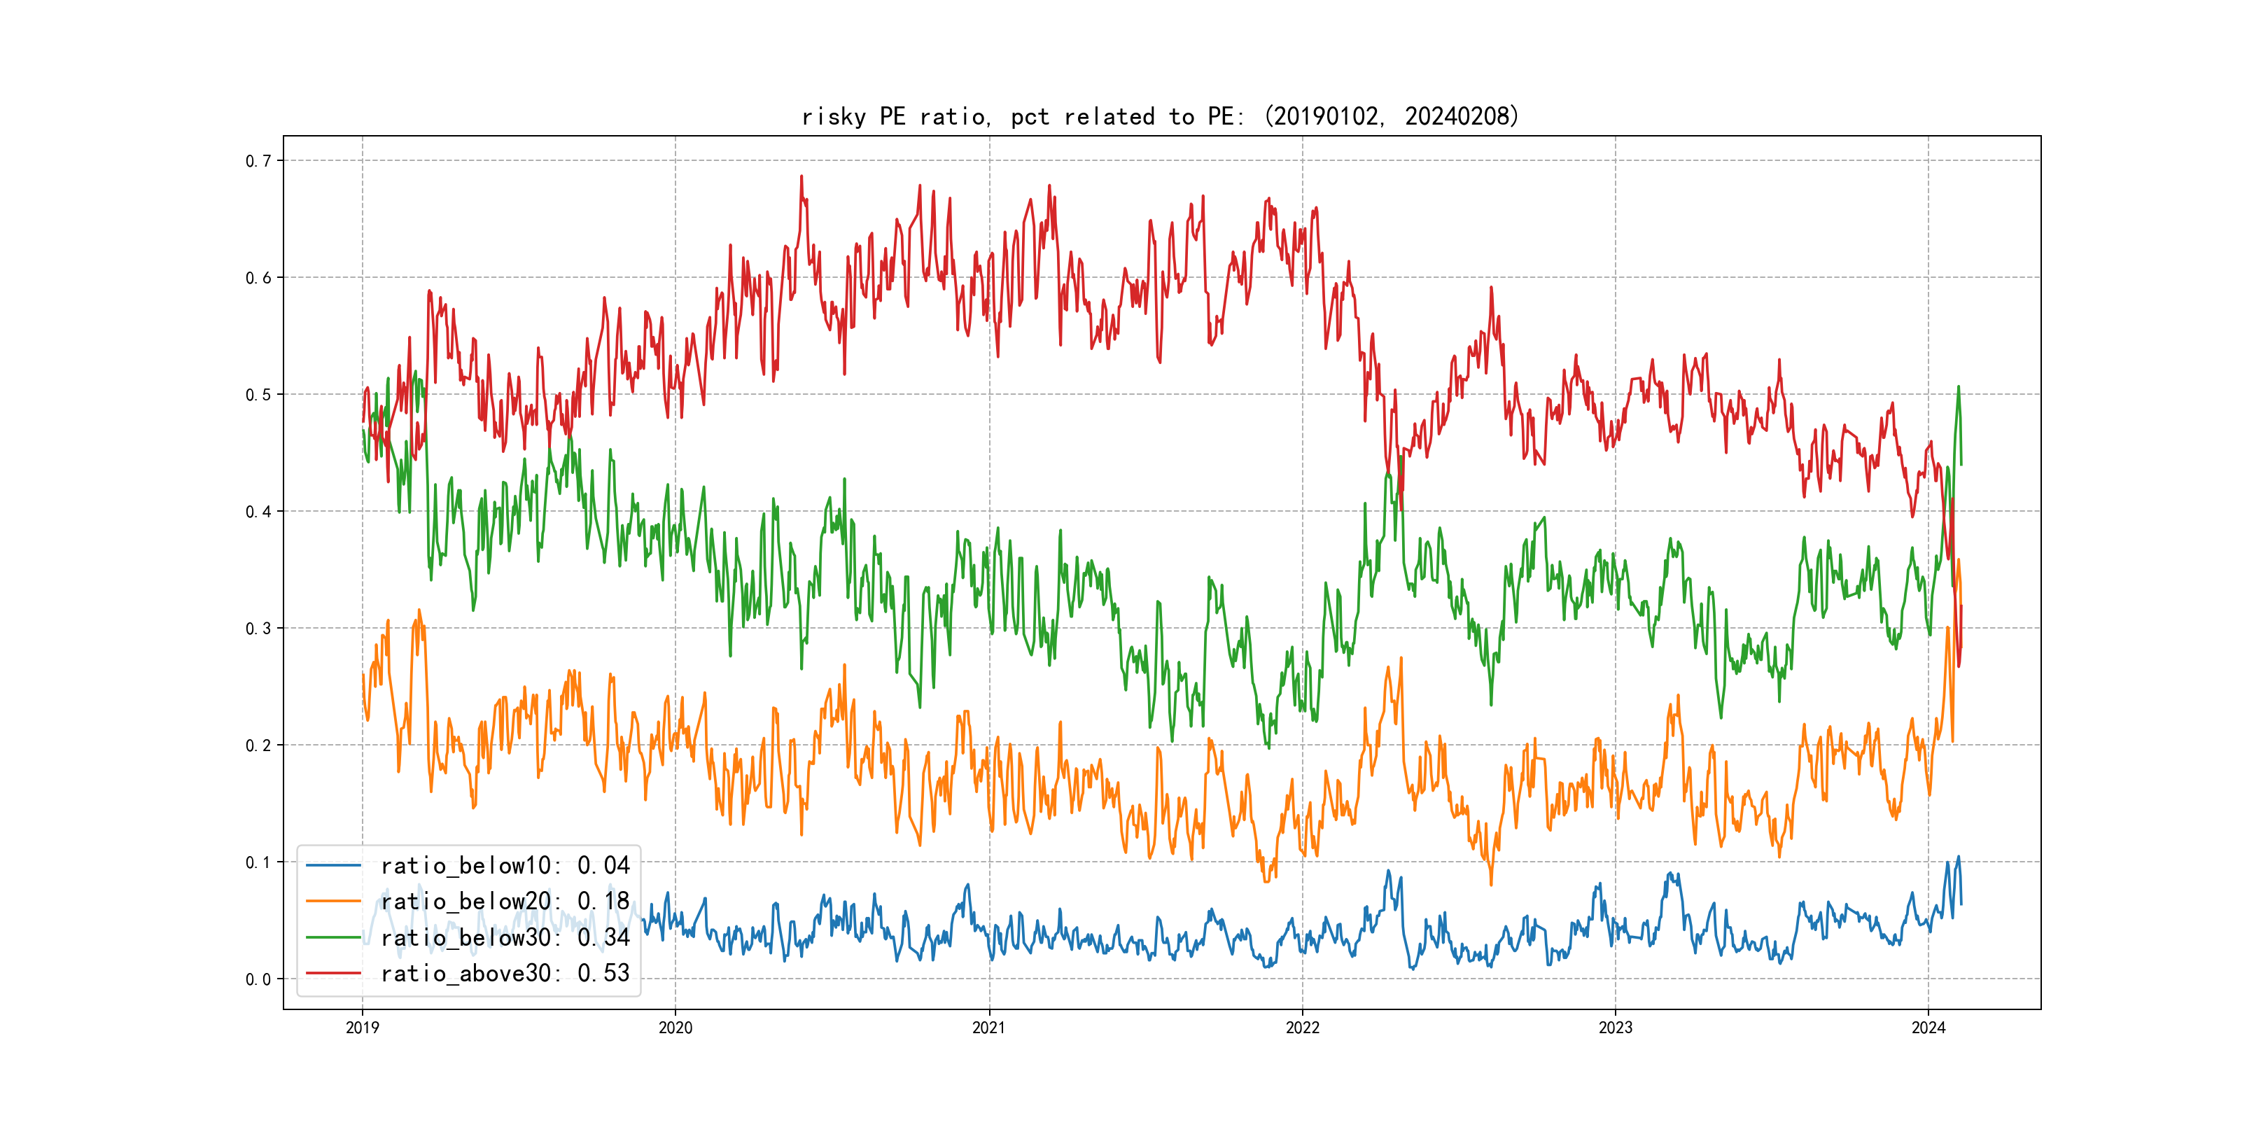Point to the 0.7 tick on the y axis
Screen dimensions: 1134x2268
point(258,160)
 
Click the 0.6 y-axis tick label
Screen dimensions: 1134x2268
point(258,277)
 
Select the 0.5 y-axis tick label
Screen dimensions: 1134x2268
point(258,394)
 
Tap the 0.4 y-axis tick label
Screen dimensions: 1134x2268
point(258,512)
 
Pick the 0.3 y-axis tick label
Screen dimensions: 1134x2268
point(258,628)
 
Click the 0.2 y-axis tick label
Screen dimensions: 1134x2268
point(258,745)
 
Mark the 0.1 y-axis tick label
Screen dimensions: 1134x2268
point(258,862)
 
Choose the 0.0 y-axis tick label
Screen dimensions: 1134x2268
point(258,979)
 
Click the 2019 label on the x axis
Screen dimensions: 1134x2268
point(362,1028)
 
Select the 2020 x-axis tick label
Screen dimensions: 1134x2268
point(675,1028)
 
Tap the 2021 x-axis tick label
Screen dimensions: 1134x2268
point(988,1028)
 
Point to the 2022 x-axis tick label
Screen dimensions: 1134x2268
point(1302,1028)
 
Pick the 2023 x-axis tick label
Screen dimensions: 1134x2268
point(1615,1028)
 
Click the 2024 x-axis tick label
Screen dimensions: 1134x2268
point(1928,1028)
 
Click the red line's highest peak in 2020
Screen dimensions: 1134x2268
point(801,176)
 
